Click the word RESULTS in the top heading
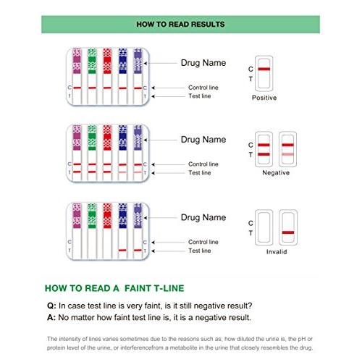pyautogui.click(x=206, y=24)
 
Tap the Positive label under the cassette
pyautogui.click(x=264, y=97)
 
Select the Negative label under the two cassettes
pyautogui.click(x=275, y=173)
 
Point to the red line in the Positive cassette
pyautogui.click(x=264, y=69)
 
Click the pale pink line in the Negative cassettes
pyautogui.click(x=288, y=154)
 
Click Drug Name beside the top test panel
pyautogui.click(x=203, y=62)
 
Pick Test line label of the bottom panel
pyautogui.click(x=199, y=251)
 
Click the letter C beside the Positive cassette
pyautogui.click(x=250, y=69)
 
